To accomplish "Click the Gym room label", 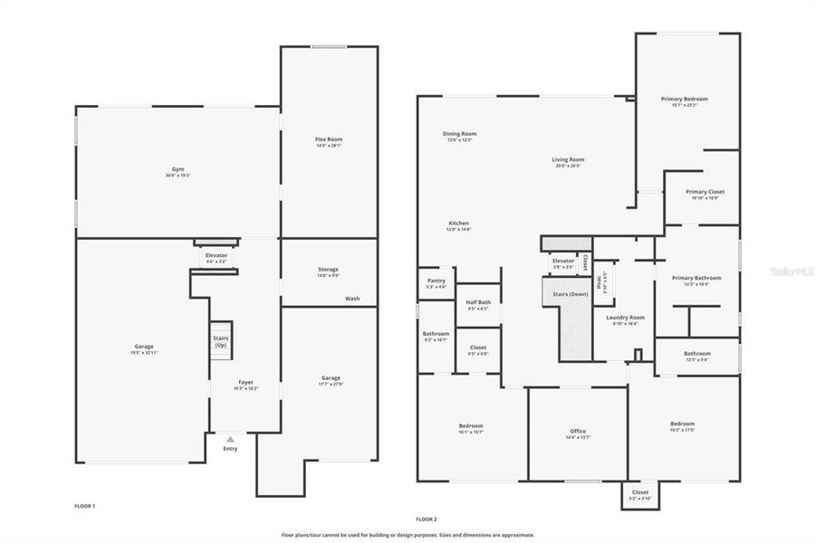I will point(178,169).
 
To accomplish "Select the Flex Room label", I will point(329,139).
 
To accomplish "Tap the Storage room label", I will point(328,270).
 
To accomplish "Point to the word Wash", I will point(351,299).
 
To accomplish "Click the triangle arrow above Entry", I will point(230,439).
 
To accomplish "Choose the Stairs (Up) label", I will point(220,341).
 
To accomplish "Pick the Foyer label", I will point(246,382).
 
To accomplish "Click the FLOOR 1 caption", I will point(84,506).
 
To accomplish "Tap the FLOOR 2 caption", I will point(427,519).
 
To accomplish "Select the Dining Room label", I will point(460,134).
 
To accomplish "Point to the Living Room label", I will point(568,160).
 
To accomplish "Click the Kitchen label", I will point(458,224).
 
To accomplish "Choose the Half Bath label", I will point(478,302).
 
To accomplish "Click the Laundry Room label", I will point(625,318).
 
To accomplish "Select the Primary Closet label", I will point(705,192).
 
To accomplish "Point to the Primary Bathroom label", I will point(696,278).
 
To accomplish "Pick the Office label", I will point(578,431).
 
